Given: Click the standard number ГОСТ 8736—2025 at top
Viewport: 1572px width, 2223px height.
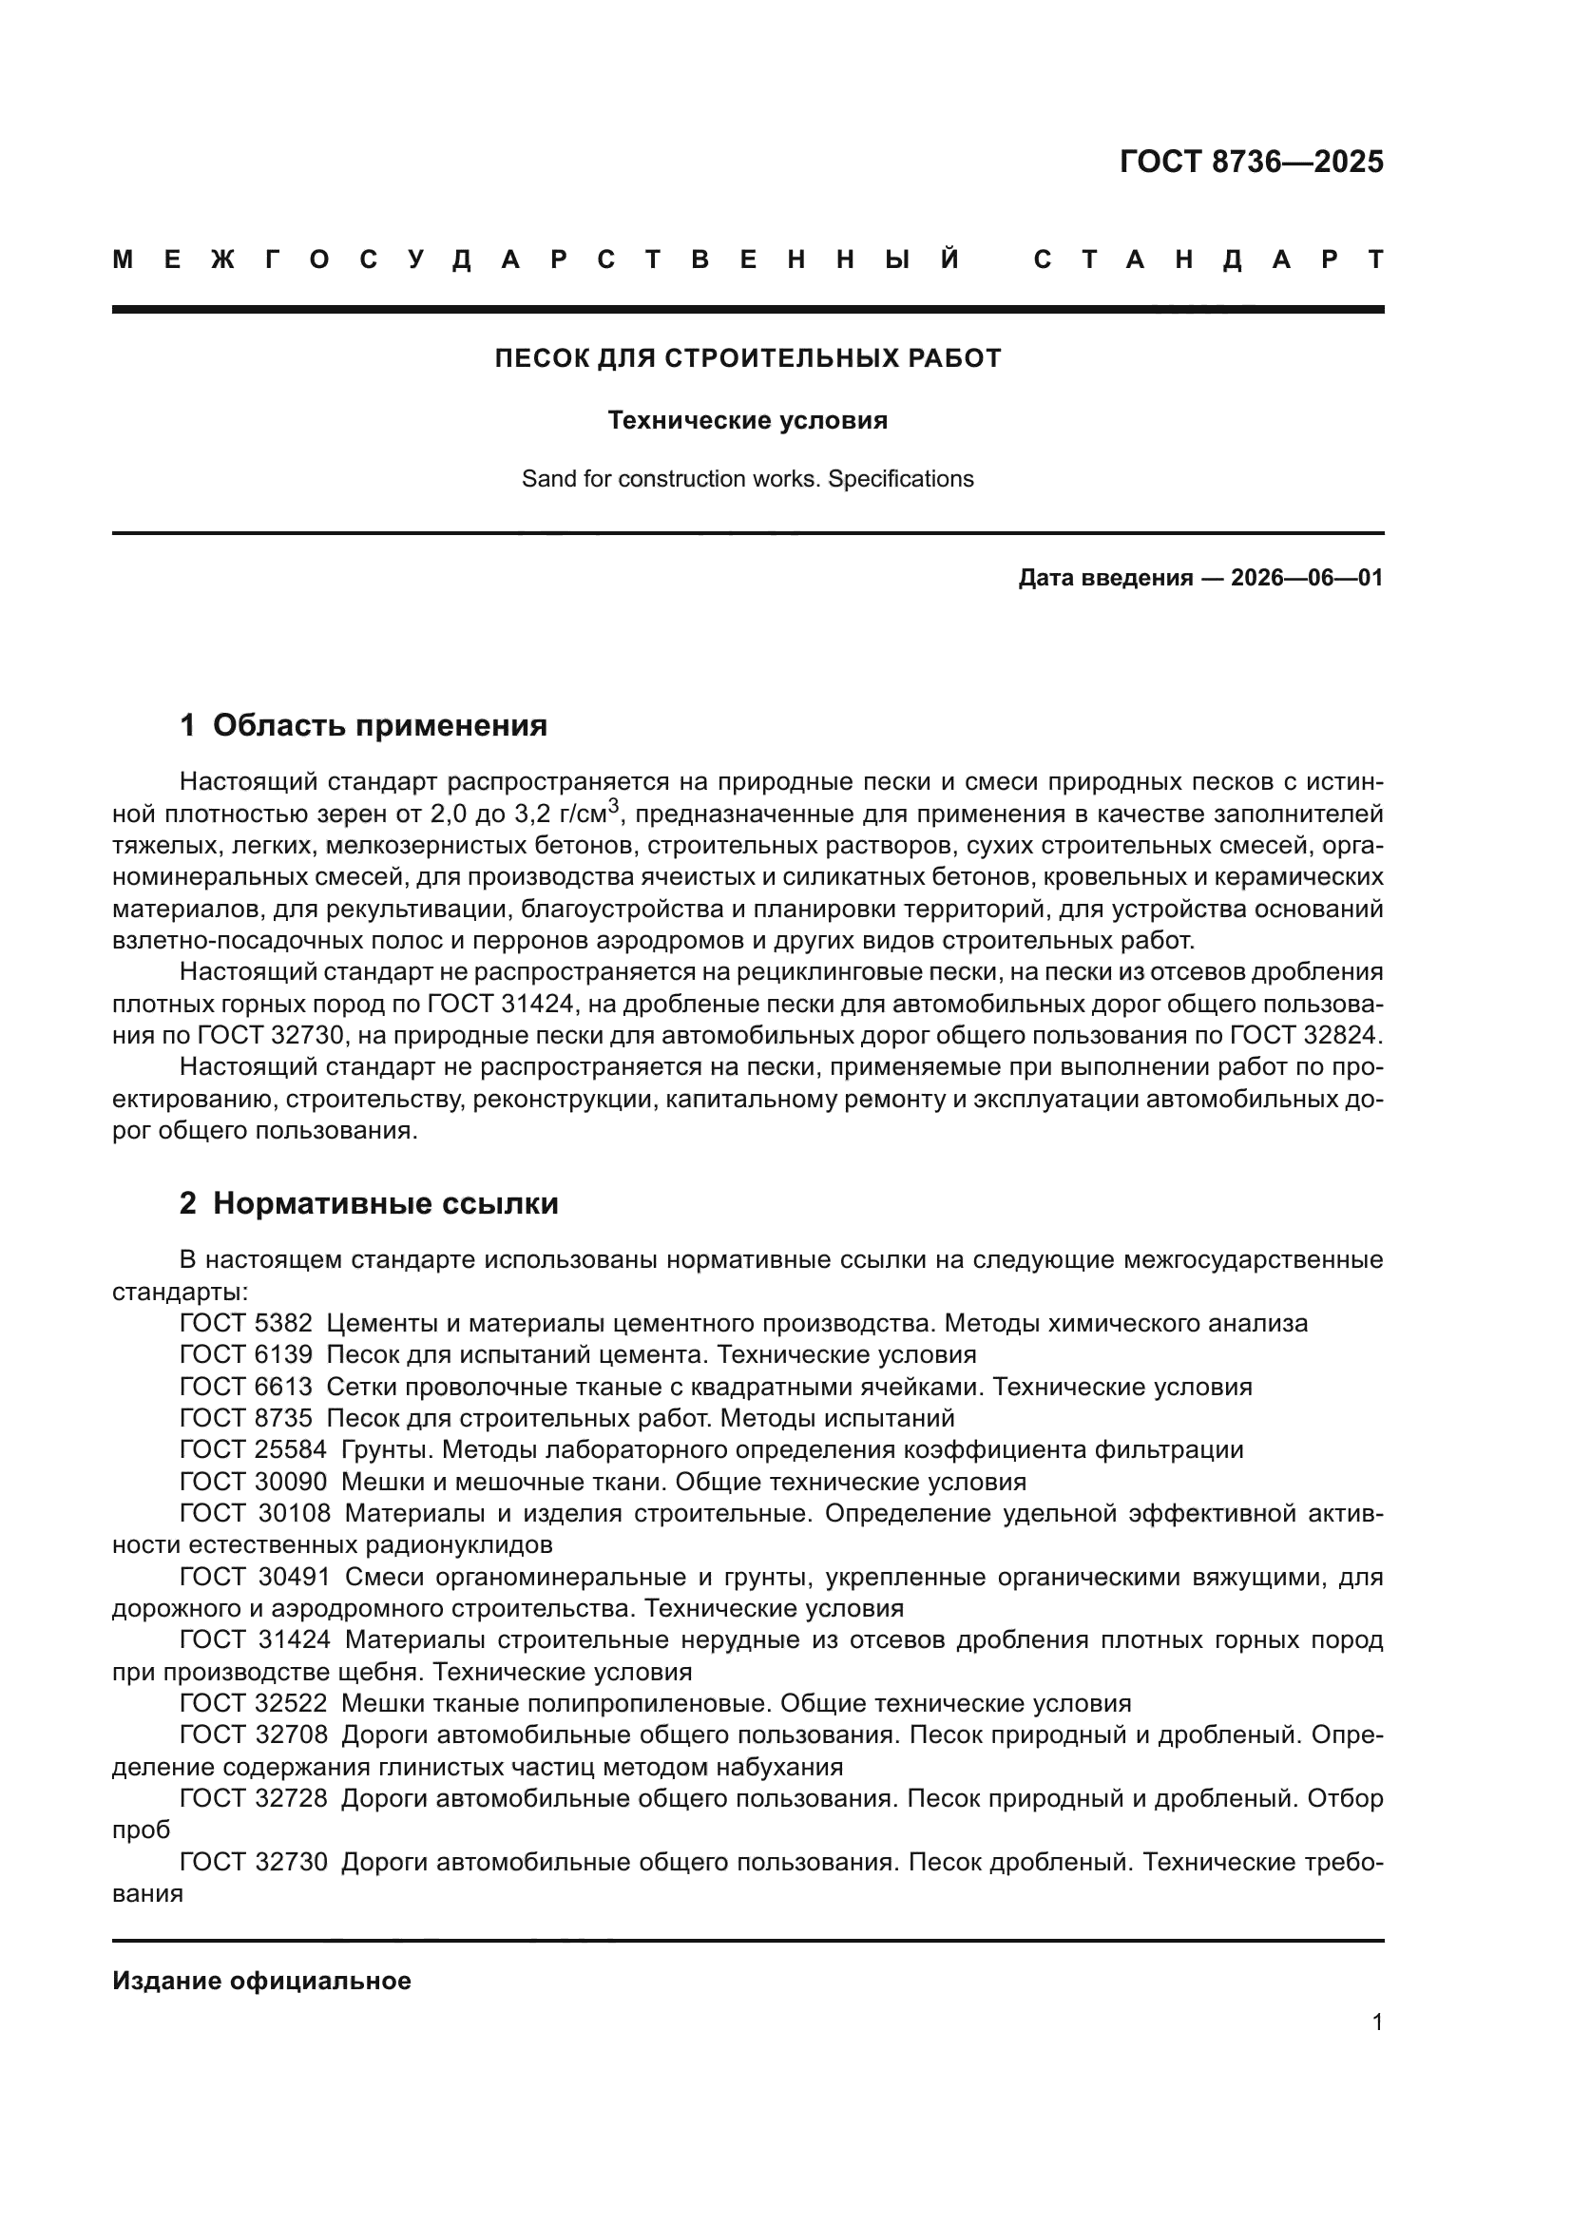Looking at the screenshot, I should point(1251,162).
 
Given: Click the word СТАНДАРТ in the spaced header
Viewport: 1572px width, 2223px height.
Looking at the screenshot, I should point(1209,259).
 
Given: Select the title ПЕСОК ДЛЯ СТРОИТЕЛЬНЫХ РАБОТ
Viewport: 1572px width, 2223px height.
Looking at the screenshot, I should point(747,359).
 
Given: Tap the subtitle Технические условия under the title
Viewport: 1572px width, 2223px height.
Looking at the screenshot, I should point(747,420).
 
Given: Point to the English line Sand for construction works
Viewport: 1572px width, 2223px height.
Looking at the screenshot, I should point(747,479).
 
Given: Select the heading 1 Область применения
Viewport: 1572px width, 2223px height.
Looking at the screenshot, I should point(363,725).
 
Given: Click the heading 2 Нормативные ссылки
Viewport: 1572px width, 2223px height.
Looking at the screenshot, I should point(369,1203).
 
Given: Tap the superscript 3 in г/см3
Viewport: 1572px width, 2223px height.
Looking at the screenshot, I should point(613,806).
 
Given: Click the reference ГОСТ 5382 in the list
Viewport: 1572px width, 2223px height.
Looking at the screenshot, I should point(246,1324).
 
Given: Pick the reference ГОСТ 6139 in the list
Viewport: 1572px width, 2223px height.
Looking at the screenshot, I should point(246,1354).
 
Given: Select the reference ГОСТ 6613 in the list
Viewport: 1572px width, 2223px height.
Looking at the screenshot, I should point(246,1388).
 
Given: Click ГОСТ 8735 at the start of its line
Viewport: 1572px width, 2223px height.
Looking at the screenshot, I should point(246,1418).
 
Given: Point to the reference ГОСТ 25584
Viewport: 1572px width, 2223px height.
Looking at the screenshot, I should point(254,1450).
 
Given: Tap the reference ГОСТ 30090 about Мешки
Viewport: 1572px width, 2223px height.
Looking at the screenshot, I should point(254,1483).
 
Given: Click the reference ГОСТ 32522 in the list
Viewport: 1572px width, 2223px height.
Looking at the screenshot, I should point(254,1704).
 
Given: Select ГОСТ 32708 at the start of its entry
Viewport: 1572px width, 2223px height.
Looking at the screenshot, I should point(254,1735).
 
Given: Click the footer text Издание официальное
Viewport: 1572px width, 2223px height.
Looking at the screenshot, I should point(261,1981).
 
